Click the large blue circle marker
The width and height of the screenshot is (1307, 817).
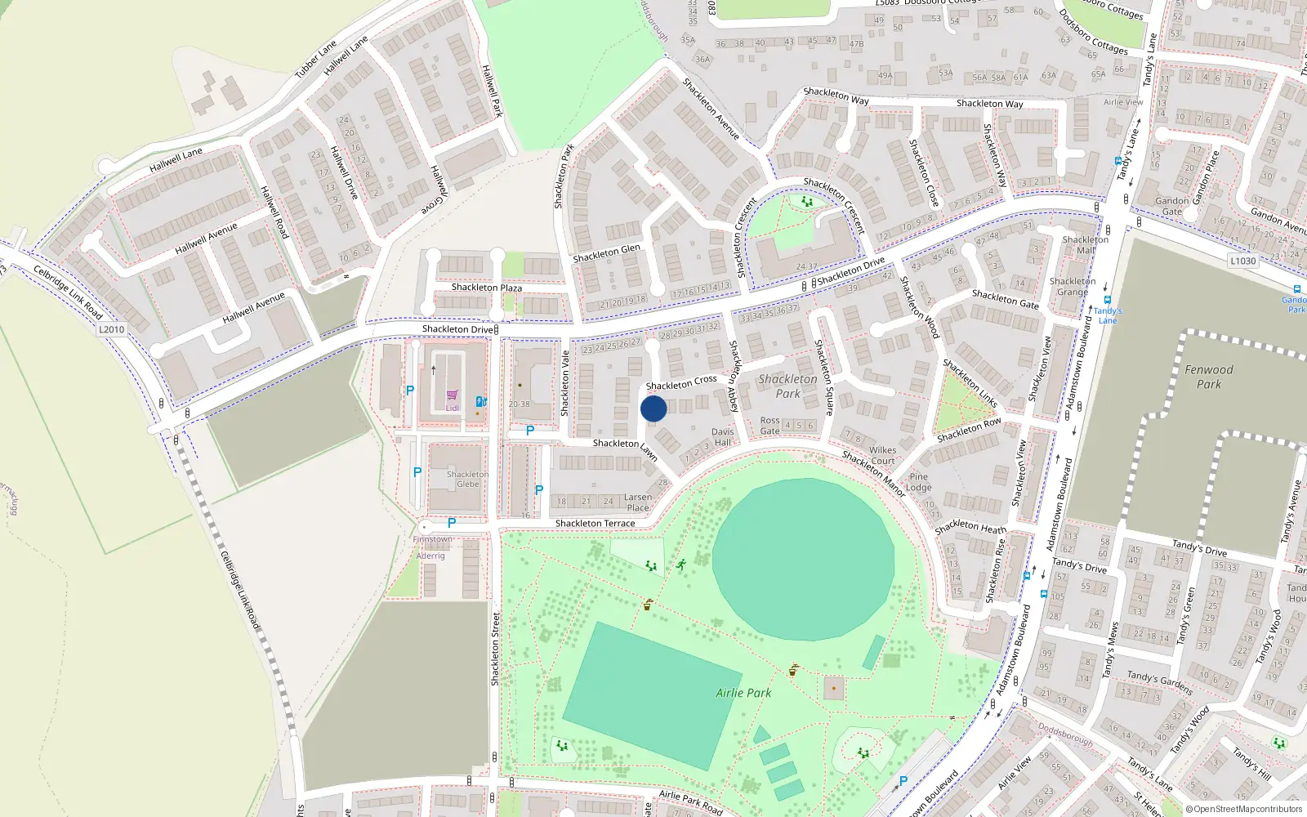[653, 408]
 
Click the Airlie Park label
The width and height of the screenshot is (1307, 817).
[743, 693]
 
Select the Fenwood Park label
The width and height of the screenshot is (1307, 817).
[1209, 377]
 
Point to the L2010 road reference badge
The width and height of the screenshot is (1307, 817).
[112, 330]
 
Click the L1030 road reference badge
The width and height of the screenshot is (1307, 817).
[1242, 261]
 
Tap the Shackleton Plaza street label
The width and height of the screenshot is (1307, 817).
[487, 288]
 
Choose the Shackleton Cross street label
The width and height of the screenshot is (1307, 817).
[681, 382]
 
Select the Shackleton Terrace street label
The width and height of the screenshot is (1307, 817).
[595, 524]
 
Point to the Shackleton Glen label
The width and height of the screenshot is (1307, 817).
[606, 253]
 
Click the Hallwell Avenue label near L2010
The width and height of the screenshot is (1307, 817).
[253, 307]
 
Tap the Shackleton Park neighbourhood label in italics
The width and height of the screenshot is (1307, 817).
[787, 386]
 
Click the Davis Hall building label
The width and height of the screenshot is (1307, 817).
[723, 437]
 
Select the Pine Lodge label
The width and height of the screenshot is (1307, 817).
[918, 482]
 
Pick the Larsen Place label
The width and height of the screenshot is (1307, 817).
[638, 502]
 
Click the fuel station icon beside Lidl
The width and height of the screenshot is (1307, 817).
[481, 401]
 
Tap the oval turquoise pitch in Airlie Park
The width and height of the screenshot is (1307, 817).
[803, 560]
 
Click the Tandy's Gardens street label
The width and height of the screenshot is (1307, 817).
[1160, 682]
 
